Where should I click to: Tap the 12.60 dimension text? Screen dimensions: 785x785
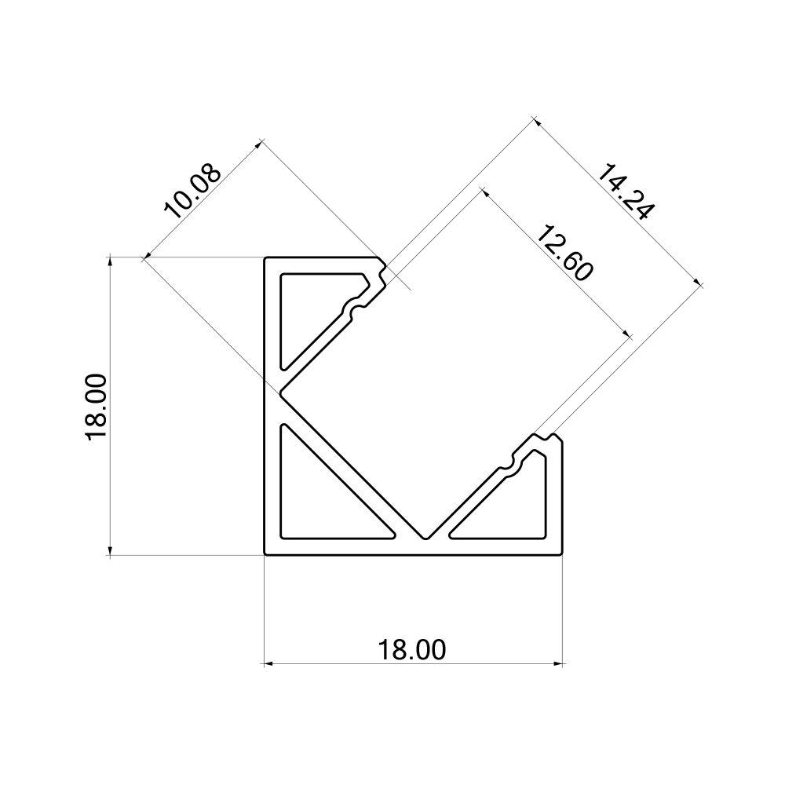(x=564, y=252)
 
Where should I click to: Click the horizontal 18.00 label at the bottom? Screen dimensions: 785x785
(x=412, y=650)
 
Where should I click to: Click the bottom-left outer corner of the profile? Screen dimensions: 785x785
(x=265, y=556)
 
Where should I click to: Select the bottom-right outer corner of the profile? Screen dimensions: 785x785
(x=563, y=556)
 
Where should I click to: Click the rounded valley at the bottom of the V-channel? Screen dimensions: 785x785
(x=425, y=537)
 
